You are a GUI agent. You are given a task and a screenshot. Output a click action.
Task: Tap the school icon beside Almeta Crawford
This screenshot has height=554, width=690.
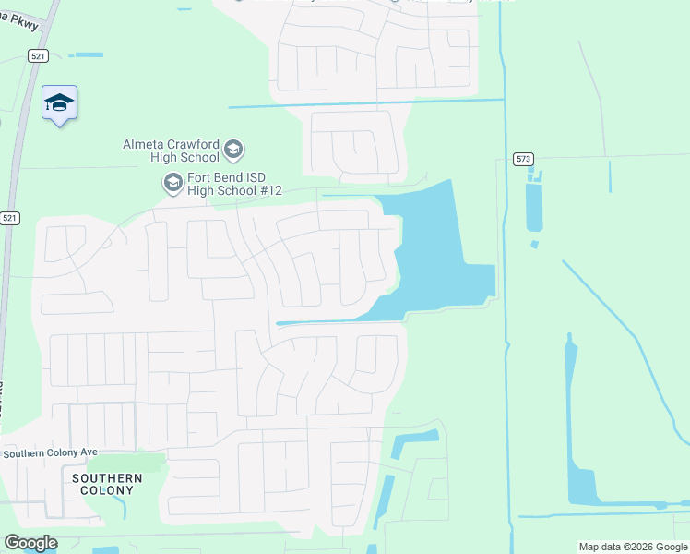coord(233,149)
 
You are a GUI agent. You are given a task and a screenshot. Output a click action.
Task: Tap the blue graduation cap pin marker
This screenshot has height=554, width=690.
coord(59,103)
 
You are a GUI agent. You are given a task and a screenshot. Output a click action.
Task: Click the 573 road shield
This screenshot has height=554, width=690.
coord(523,159)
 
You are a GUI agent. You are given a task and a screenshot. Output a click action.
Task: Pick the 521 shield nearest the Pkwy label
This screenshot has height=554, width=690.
coord(37,55)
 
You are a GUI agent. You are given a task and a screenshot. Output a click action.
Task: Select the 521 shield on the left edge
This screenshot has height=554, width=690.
coord(9,218)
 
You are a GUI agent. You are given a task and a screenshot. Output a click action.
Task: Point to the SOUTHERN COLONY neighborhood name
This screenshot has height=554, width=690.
coord(107,484)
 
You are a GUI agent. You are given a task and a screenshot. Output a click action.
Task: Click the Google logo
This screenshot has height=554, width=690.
coord(30,543)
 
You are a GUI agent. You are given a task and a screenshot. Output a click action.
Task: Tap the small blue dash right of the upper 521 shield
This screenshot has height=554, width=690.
coord(89,55)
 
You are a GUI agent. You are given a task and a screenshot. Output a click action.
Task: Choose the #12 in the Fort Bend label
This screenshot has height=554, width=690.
coord(268,190)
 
